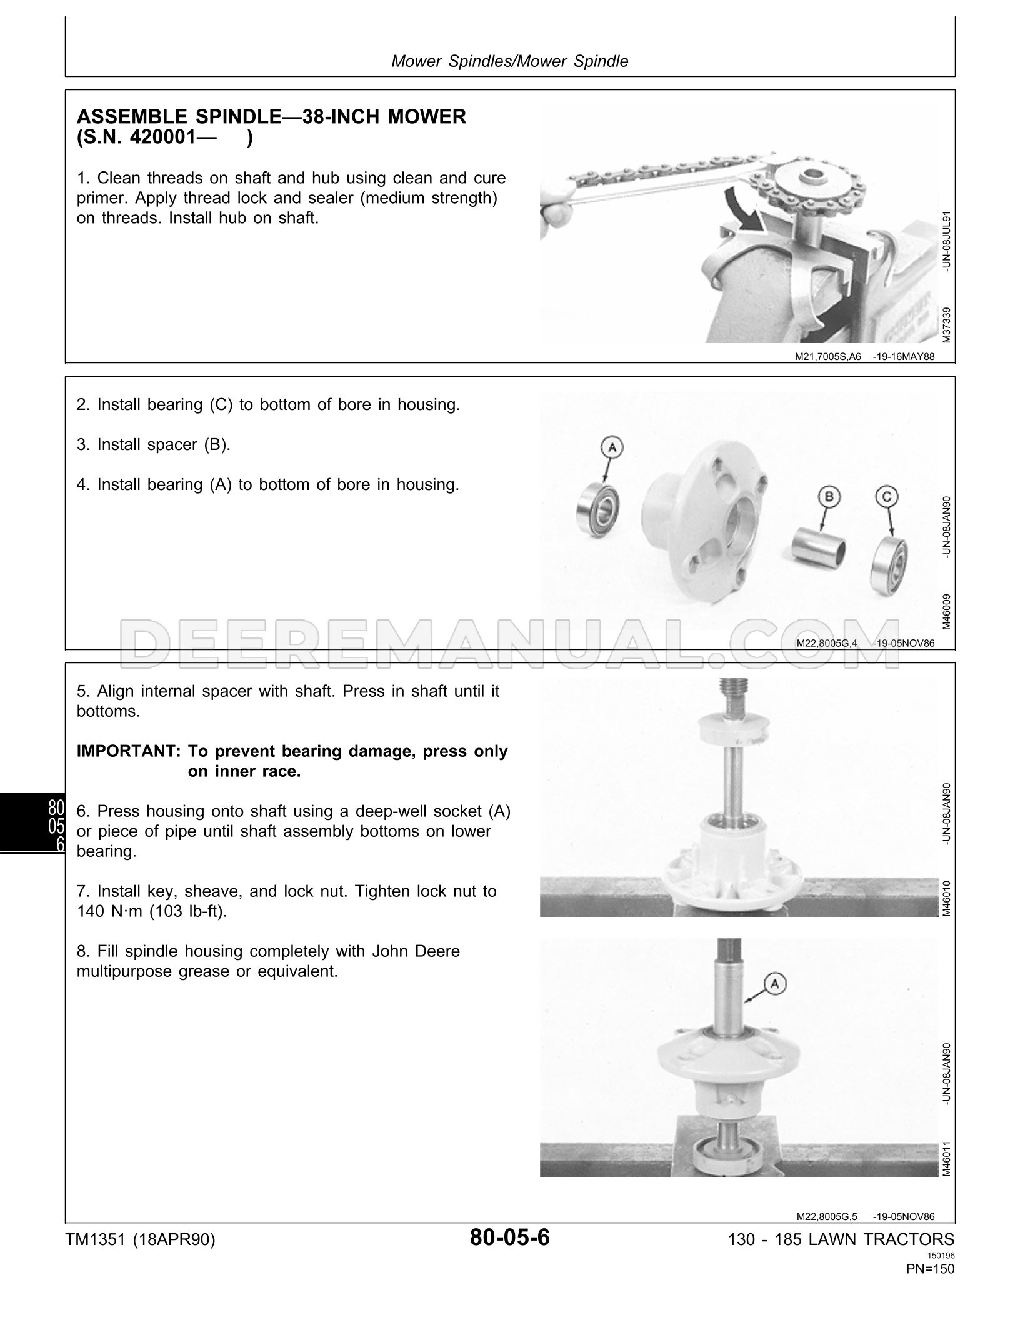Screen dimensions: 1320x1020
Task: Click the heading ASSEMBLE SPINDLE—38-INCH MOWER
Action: point(271,117)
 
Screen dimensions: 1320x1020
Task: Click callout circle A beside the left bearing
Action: point(612,447)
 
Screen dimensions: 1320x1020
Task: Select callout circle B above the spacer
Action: point(829,497)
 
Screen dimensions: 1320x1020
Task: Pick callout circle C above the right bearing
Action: point(888,497)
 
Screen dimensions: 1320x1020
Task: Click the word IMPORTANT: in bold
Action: point(128,751)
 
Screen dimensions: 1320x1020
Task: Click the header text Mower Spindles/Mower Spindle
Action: point(509,61)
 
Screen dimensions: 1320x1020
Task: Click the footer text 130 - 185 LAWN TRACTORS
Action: point(841,1239)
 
